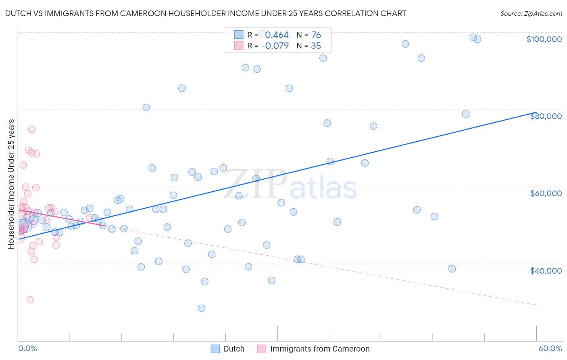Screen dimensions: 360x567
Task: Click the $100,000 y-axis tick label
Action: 544,39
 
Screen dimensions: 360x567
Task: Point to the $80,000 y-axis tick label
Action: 546,116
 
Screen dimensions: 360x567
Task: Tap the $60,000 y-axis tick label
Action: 546,193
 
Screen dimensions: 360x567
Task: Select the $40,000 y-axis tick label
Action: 546,271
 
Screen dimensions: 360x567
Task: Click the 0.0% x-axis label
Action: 27,348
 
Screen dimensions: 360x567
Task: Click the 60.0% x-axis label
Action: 550,348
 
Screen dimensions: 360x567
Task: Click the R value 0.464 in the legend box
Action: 277,35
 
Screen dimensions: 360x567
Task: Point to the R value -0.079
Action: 275,46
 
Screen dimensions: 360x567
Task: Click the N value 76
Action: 316,35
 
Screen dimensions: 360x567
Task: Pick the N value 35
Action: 316,46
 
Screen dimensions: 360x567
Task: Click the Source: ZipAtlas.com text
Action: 531,13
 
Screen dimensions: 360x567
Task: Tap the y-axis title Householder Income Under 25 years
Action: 11,184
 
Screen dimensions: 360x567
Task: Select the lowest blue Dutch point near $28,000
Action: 202,308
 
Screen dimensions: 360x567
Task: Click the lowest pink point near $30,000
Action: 30,299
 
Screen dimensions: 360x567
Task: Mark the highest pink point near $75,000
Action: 31,129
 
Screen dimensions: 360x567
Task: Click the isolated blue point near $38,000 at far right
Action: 452,269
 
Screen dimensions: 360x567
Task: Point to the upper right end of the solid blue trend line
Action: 536,112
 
